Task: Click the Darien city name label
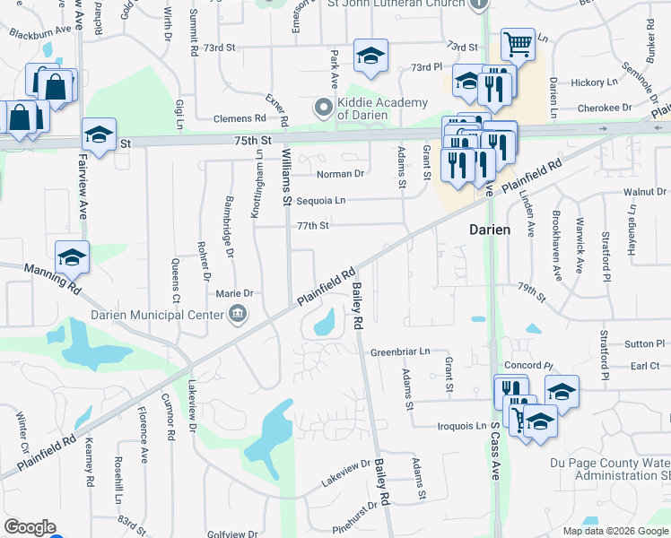click(x=490, y=230)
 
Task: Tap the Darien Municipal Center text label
click(x=157, y=315)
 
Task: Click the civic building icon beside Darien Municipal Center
click(x=238, y=314)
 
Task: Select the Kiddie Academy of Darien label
click(x=382, y=108)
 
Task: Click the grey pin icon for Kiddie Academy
click(x=324, y=108)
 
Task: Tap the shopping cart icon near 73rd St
click(x=518, y=42)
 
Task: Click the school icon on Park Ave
click(x=370, y=56)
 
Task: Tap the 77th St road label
click(x=314, y=226)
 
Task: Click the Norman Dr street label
click(x=341, y=174)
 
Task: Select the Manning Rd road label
click(x=52, y=278)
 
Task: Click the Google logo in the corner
click(x=30, y=527)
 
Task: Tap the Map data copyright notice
click(x=614, y=531)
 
